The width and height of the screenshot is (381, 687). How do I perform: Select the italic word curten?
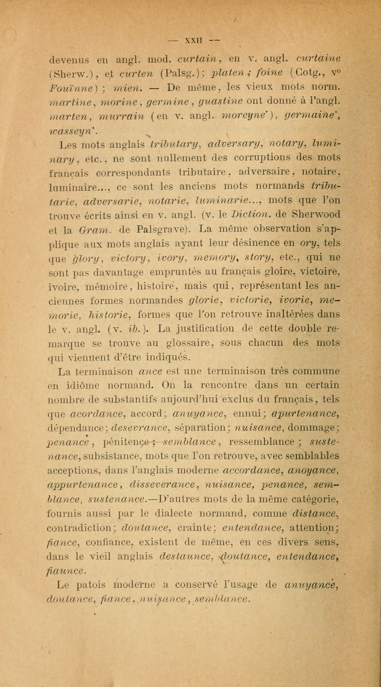[136, 73]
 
